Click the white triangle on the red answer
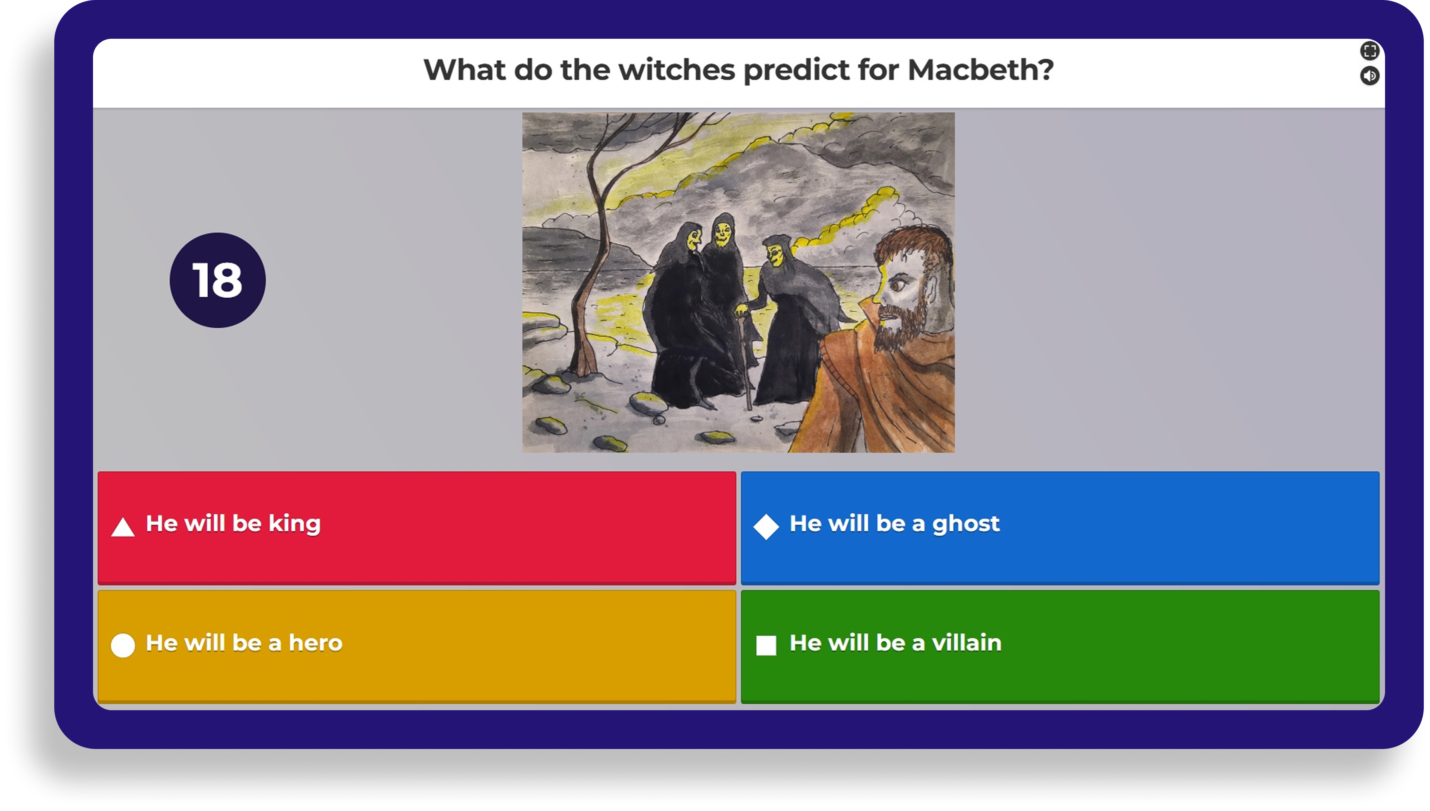[122, 527]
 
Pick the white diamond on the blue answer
[766, 527]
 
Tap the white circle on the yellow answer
[122, 645]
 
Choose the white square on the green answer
[766, 645]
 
